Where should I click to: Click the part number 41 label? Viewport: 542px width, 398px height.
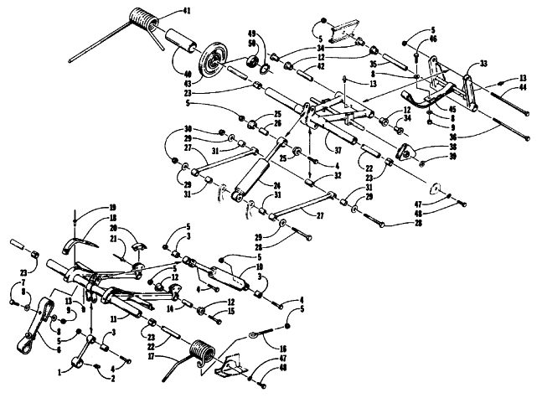pos(187,11)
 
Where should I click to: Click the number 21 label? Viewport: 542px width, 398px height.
pos(111,240)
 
